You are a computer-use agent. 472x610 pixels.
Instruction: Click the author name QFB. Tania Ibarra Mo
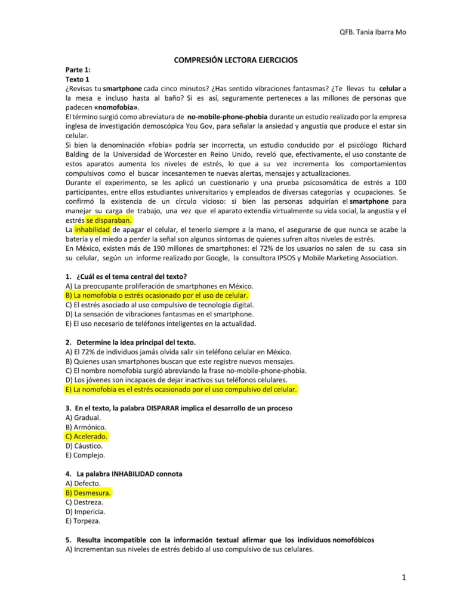(372, 32)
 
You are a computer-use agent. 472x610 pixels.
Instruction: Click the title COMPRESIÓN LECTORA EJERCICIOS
(235, 60)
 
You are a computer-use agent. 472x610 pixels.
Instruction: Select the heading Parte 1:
(78, 70)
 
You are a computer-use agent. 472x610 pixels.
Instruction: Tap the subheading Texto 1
(78, 79)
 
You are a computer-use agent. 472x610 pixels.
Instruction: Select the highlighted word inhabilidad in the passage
(92, 229)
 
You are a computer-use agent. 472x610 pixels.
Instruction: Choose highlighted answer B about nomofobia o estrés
(157, 295)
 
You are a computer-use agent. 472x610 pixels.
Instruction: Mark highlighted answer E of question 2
(181, 389)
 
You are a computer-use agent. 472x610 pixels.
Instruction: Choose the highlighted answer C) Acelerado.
(87, 436)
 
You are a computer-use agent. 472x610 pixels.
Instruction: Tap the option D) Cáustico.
(84, 446)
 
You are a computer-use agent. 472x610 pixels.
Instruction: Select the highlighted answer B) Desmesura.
(88, 493)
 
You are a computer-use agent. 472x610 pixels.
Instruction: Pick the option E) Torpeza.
(85, 521)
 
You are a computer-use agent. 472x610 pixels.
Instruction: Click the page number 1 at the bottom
(404, 577)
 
